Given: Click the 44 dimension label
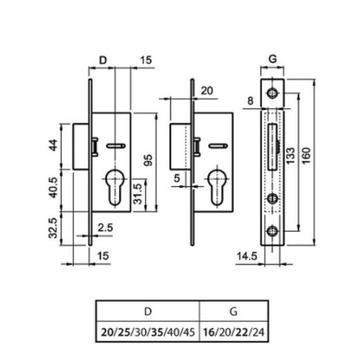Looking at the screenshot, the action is tap(53, 145).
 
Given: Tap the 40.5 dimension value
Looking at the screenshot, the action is tap(53, 188).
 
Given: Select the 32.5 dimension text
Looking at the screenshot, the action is tap(53, 228).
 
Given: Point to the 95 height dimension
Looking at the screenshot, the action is tap(148, 160).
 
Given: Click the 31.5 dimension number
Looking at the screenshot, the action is tap(138, 194).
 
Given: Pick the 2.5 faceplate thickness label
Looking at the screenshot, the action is tap(105, 228).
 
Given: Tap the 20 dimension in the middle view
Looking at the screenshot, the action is tap(207, 91).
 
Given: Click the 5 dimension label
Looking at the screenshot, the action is tap(177, 178).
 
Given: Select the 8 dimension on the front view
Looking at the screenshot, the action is tap(250, 101).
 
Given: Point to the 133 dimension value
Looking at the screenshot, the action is tap(290, 155).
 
